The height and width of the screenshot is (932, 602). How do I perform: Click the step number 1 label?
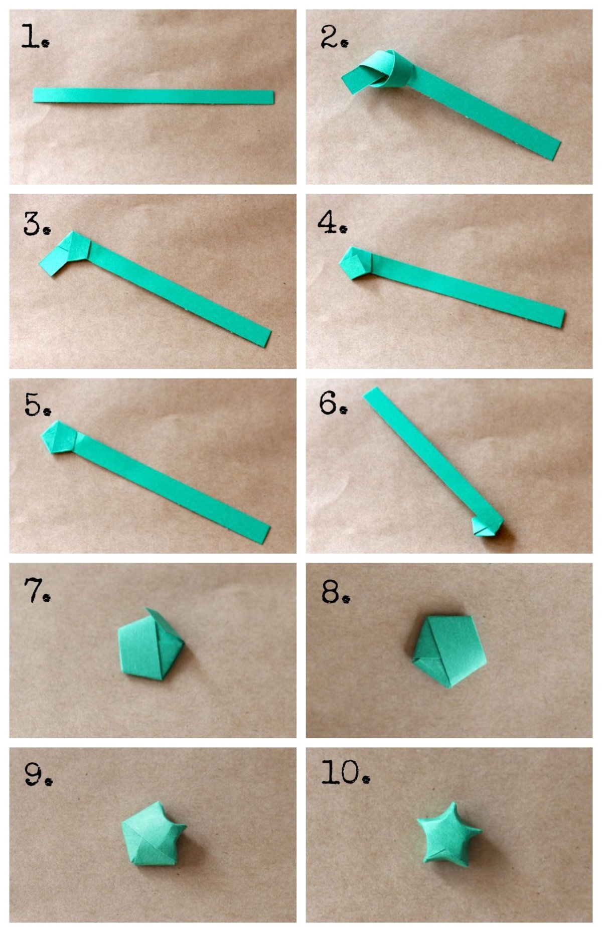[x=35, y=36]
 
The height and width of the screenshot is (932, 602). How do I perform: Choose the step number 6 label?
[x=334, y=403]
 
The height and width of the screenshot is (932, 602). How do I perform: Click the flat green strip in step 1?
[x=154, y=96]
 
